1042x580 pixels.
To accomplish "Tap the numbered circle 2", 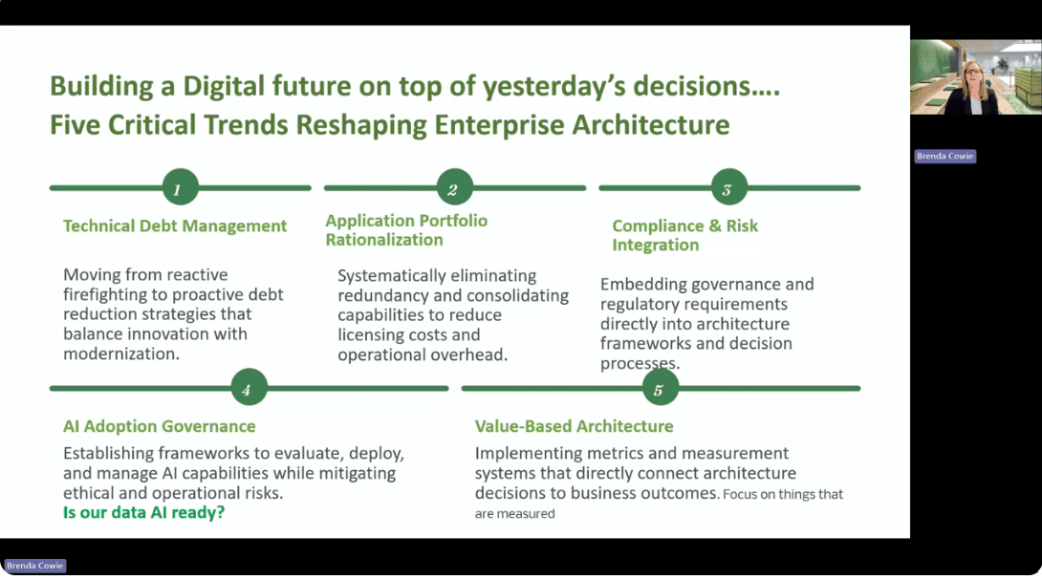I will [x=453, y=189].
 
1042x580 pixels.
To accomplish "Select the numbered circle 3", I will [x=727, y=189].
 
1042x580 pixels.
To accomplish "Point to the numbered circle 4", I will [x=248, y=389].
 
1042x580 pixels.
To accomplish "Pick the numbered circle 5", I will [x=660, y=389].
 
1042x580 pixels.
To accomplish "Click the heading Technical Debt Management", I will [x=175, y=226].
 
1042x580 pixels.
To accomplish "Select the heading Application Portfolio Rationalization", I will [x=406, y=230].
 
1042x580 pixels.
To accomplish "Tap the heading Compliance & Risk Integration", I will [x=684, y=235].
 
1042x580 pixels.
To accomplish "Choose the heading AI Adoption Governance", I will [x=160, y=426].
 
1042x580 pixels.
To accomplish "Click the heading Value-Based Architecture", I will [x=574, y=426].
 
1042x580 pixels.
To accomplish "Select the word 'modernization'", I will [x=119, y=354].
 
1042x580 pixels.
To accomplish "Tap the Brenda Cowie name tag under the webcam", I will [x=945, y=157].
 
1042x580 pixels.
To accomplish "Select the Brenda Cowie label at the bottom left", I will [x=35, y=566].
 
